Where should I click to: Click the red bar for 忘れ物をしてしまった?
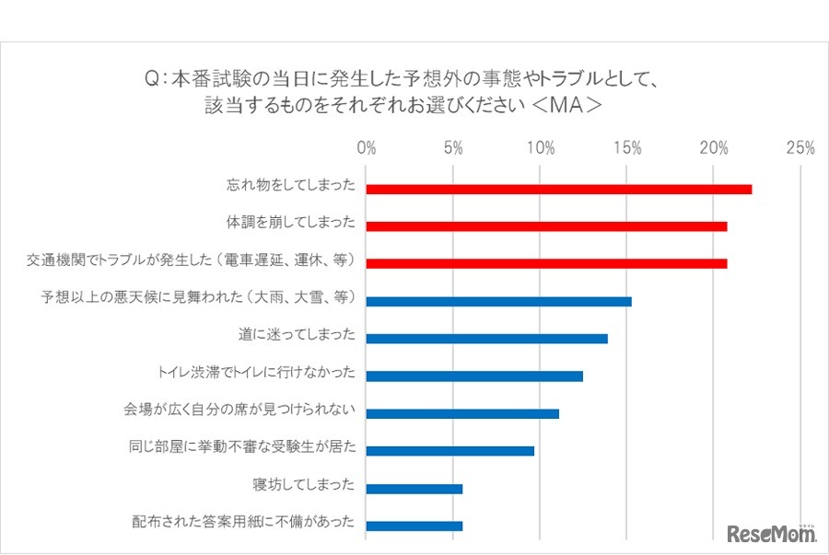point(558,190)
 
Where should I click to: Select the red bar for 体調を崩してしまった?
point(546,226)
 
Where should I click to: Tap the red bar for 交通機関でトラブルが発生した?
point(546,263)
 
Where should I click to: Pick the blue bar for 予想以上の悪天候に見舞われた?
point(498,301)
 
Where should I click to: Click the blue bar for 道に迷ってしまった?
point(486,338)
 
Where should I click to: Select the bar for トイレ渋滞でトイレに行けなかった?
point(474,376)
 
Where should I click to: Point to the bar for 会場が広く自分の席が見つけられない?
point(462,413)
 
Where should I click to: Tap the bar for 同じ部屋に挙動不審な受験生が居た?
point(450,451)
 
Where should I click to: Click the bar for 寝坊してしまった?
point(414,489)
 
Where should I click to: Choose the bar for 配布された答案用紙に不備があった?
point(414,526)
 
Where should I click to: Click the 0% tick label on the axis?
point(367,148)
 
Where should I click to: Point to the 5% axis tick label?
point(453,148)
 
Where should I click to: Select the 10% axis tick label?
point(541,148)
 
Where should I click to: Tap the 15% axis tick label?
point(627,148)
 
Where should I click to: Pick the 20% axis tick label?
point(714,148)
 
